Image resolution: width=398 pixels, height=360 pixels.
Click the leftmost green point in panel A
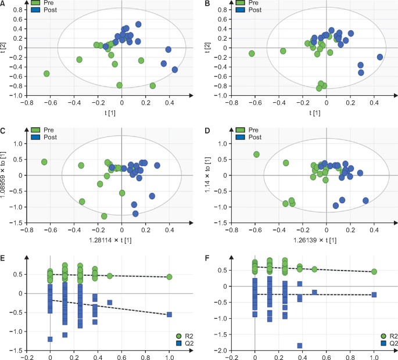[46, 74]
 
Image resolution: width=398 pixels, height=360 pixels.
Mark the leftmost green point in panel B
[252, 53]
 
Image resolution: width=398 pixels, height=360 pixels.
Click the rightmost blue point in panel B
[380, 57]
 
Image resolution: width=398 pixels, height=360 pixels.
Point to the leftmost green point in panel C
[44, 162]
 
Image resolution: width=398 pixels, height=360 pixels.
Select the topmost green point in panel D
[256, 154]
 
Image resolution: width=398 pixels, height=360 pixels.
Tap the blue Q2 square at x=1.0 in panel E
[169, 314]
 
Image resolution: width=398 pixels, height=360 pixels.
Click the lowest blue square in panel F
[300, 345]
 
